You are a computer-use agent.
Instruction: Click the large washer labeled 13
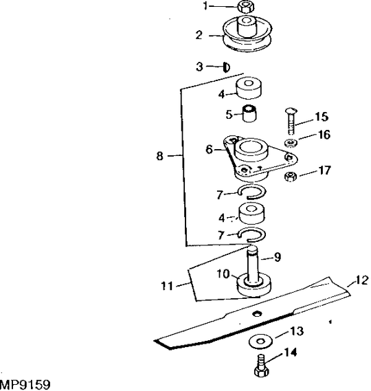(261, 340)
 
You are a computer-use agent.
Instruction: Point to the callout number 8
(159, 157)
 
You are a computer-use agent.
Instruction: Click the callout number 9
(278, 258)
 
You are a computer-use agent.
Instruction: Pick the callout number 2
(199, 34)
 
